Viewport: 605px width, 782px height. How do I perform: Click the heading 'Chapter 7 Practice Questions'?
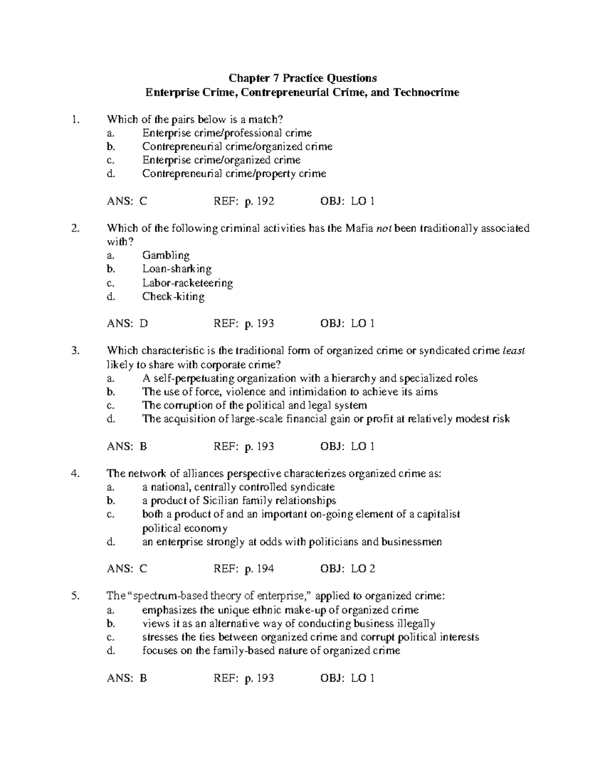pos(302,78)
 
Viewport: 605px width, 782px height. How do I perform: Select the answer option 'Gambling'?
pos(166,255)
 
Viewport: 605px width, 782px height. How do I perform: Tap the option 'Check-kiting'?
pos(173,297)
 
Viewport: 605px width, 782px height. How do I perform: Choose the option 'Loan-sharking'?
pos(177,269)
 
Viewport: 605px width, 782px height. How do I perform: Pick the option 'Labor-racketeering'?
pos(188,283)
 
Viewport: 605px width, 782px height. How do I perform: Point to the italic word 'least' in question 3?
pos(514,351)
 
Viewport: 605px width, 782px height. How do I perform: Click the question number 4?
pos(76,473)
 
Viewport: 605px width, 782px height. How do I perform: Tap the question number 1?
pos(76,119)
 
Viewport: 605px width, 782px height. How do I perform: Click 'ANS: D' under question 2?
pos(127,323)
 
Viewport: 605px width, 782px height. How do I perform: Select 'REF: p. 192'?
pos(244,201)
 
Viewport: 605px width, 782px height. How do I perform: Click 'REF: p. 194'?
pos(244,569)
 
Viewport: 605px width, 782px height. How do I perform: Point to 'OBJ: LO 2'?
pos(348,569)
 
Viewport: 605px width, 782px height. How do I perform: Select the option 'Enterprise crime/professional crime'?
pos(227,133)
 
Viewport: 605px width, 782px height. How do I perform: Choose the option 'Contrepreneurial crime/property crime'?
pos(234,174)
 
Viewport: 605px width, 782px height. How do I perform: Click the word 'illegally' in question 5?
pos(416,623)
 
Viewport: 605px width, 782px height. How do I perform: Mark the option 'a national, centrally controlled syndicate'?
pos(238,487)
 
